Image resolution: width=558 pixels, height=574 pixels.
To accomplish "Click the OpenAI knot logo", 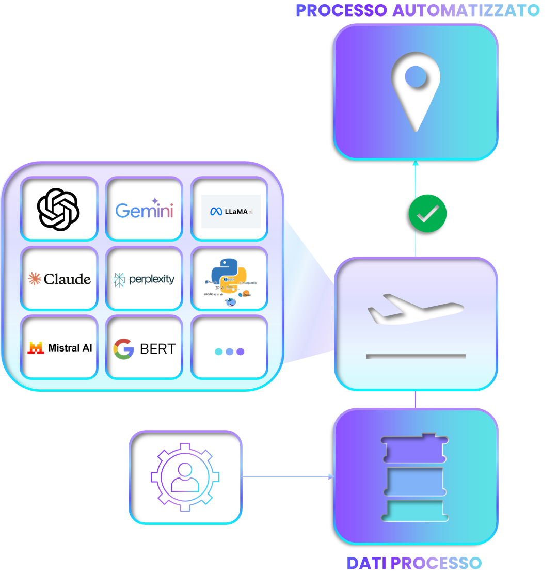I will (58, 209).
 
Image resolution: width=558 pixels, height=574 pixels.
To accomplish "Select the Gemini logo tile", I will (144, 209).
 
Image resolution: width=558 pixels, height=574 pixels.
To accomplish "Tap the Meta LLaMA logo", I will (230, 211).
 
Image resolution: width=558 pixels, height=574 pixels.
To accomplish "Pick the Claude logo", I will (59, 279).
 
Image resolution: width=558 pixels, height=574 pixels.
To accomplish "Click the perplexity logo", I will (144, 279).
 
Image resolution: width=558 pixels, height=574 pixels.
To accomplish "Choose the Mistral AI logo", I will (59, 348).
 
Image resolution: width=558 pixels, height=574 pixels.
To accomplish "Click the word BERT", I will (158, 349).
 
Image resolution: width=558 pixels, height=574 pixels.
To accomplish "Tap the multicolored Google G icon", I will (124, 349).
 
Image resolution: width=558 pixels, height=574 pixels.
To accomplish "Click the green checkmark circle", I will (427, 213).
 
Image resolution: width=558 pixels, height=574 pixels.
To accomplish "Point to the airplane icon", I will (415, 309).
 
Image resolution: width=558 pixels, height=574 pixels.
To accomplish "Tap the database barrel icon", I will (415, 476).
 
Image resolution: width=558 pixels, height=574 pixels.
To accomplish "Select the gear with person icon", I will (185, 476).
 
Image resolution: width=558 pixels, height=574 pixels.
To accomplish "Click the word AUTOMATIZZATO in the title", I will (466, 10).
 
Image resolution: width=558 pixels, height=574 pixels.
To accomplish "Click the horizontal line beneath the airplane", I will (416, 356).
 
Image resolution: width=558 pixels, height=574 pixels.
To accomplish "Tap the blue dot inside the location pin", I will (416, 77).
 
